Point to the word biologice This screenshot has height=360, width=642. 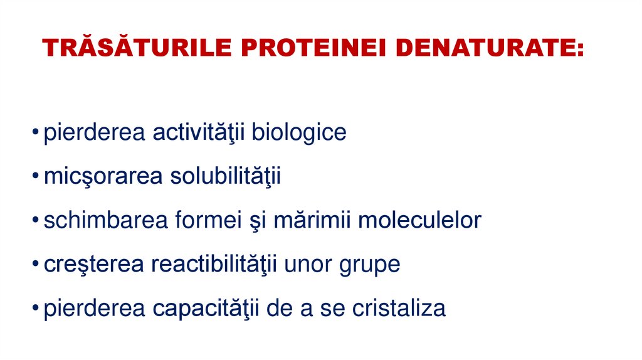pyautogui.click(x=299, y=133)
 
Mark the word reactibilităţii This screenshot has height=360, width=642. pyautogui.click(x=215, y=265)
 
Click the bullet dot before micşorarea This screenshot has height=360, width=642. pyautogui.click(x=37, y=178)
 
